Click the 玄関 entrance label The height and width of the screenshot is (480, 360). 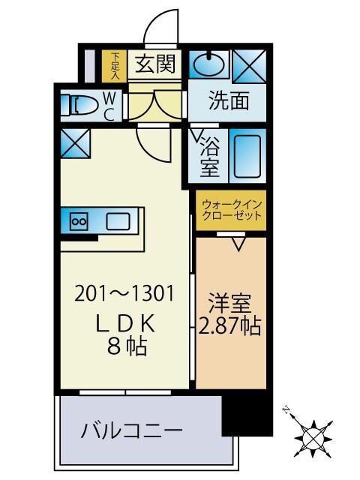[156, 64]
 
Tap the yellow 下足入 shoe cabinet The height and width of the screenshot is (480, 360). [115, 65]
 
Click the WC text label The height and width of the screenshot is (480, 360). [109, 106]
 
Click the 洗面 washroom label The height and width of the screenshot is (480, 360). [228, 101]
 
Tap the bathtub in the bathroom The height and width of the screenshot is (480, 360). [246, 155]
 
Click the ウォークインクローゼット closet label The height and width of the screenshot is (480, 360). [231, 209]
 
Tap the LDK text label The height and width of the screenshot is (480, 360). [125, 323]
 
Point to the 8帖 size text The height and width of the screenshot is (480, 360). [125, 346]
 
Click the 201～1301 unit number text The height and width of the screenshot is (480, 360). [125, 294]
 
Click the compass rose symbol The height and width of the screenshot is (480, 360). [310, 435]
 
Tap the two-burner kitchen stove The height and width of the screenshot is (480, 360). [79, 221]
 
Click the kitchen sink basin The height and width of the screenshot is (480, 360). [118, 221]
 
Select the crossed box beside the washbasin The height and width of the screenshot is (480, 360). [247, 66]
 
